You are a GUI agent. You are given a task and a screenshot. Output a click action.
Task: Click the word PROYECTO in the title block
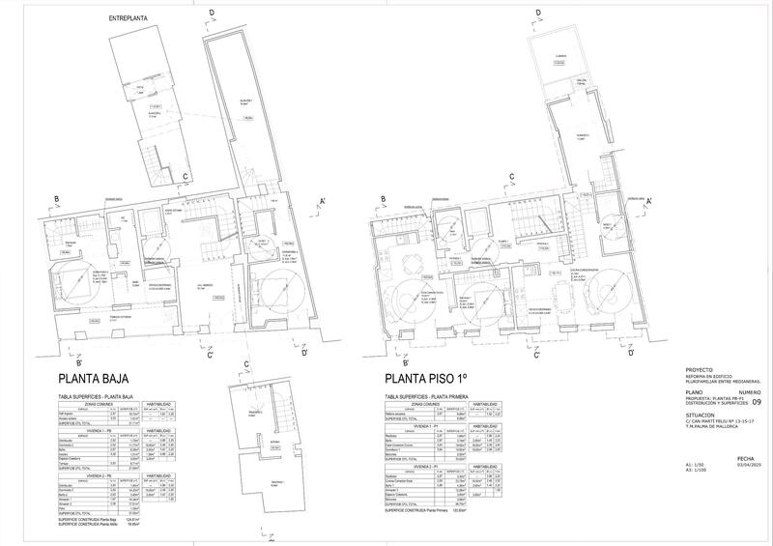pos(698,370)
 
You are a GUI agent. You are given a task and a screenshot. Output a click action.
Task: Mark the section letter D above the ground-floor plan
pos(209,13)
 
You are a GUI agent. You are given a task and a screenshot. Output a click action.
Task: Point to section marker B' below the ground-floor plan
pos(66,361)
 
